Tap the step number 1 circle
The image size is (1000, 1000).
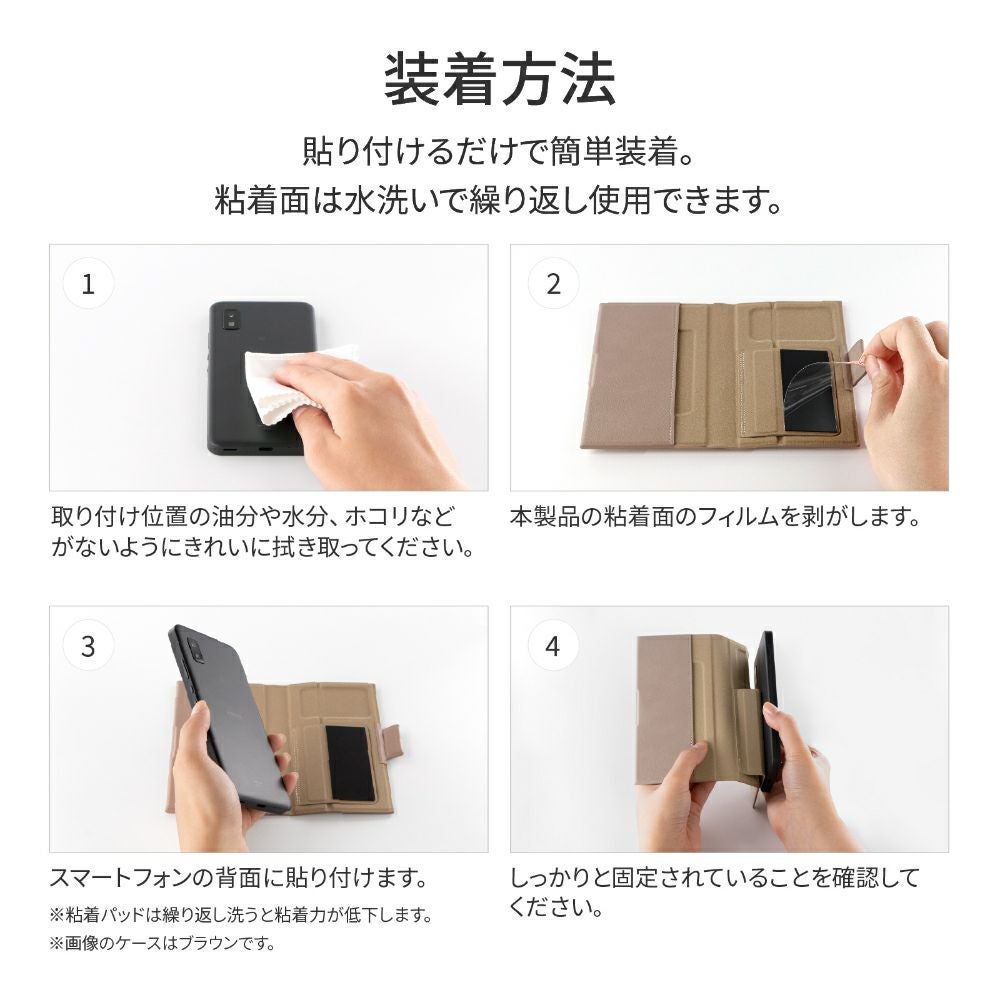click(x=89, y=284)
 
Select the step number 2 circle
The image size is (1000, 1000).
click(x=554, y=284)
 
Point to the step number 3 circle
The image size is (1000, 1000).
click(x=89, y=645)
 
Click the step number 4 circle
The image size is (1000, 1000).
click(x=553, y=645)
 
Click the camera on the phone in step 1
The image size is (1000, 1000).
click(x=230, y=319)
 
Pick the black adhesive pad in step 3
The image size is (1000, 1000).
click(x=350, y=763)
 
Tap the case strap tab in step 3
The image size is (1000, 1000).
click(x=391, y=742)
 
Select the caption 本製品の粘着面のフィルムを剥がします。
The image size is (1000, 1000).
click(x=715, y=517)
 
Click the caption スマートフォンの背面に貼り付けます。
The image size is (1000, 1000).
click(x=239, y=878)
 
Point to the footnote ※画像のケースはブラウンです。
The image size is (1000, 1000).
click(x=162, y=943)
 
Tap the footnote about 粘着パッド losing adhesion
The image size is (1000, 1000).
click(x=241, y=916)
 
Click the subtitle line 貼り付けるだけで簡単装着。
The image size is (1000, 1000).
click(x=499, y=152)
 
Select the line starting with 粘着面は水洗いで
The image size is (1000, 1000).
click(x=499, y=200)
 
